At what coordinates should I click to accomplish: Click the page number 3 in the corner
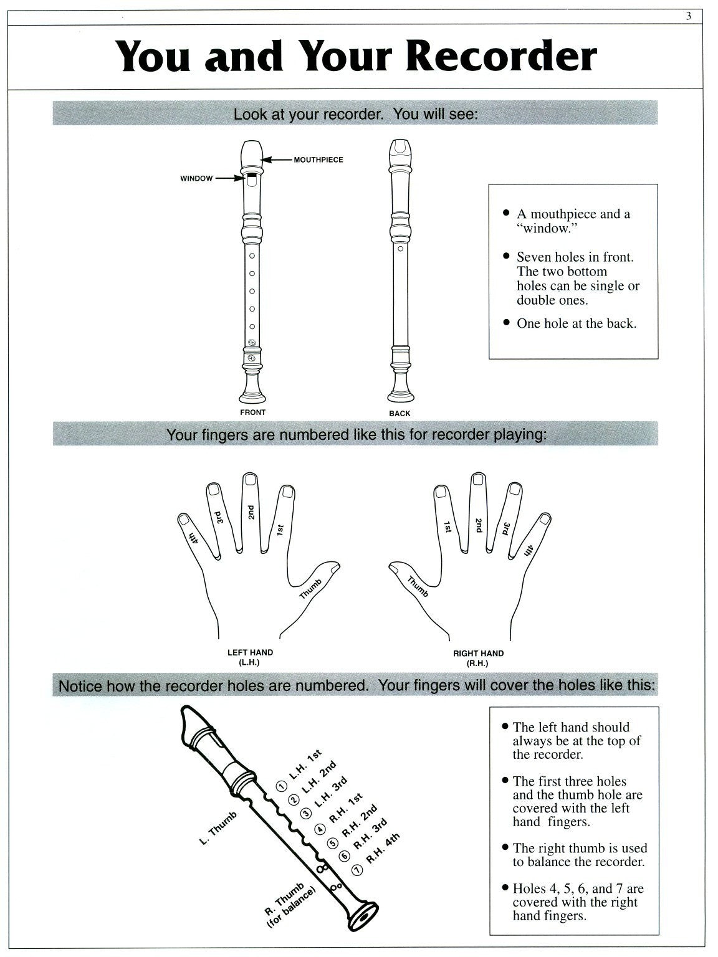click(689, 17)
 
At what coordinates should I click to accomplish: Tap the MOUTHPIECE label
click(318, 160)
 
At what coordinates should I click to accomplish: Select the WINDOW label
click(196, 179)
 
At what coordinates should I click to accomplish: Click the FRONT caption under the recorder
click(252, 412)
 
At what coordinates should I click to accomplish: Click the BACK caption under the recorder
click(400, 413)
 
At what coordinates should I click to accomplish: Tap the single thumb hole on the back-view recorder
click(400, 249)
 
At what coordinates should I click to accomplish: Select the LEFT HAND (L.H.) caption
click(250, 657)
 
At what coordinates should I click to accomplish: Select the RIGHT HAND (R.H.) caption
click(478, 658)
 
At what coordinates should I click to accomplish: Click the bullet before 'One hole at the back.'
click(506, 323)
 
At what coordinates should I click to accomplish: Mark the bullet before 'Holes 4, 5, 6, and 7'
click(505, 889)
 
